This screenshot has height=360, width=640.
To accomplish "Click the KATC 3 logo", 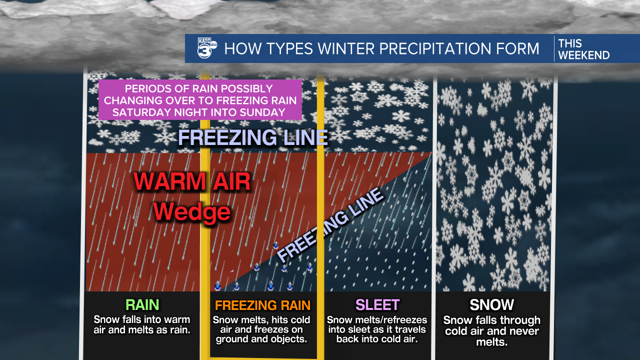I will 206,48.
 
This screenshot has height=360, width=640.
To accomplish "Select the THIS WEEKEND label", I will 583,49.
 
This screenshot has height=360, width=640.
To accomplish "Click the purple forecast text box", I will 200,100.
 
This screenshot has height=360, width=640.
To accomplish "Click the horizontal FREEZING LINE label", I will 253,137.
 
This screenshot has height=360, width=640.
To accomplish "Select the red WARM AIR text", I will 192,182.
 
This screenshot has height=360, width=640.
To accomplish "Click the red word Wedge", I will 192,212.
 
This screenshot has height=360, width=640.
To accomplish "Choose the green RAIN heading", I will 142,304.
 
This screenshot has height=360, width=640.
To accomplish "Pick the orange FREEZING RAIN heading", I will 262,305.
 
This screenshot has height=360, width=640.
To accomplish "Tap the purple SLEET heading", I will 377,304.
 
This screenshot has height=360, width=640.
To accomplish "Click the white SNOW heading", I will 491,304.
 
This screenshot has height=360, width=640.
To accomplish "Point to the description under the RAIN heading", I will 142,324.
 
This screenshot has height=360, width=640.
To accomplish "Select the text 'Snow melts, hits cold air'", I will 261,324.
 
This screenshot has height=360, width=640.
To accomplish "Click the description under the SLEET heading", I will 377,329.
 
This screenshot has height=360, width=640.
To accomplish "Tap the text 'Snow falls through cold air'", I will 491,325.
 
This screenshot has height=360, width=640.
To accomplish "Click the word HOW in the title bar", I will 238,48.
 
